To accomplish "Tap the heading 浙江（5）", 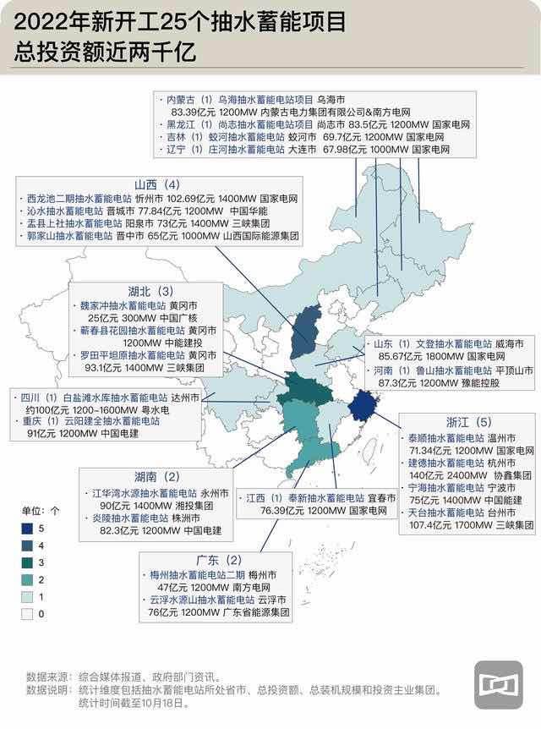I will (469, 422).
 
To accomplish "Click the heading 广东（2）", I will (224, 560).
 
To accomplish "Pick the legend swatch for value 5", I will (28, 529).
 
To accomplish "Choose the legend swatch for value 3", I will (28, 562).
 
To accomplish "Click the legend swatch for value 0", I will (28, 614).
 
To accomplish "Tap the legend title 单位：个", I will (41, 511).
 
